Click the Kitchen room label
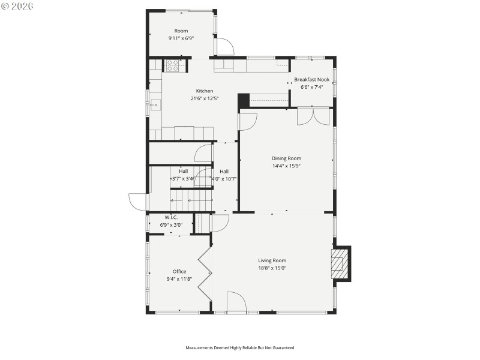(205, 91)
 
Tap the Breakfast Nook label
(311, 80)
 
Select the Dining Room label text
(286, 158)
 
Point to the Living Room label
(272, 260)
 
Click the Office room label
(179, 271)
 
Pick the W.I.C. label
(171, 217)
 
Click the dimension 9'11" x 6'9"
(181, 38)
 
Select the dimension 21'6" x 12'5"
(205, 98)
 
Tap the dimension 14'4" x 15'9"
(286, 166)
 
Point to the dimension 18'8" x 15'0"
(272, 268)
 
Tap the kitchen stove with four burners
(174, 65)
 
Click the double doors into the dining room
(313, 116)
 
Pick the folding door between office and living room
(205, 275)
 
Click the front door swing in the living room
(236, 302)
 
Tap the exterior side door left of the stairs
(137, 202)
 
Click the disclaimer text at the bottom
(239, 347)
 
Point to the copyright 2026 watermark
(17, 5)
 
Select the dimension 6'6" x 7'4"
(311, 87)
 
